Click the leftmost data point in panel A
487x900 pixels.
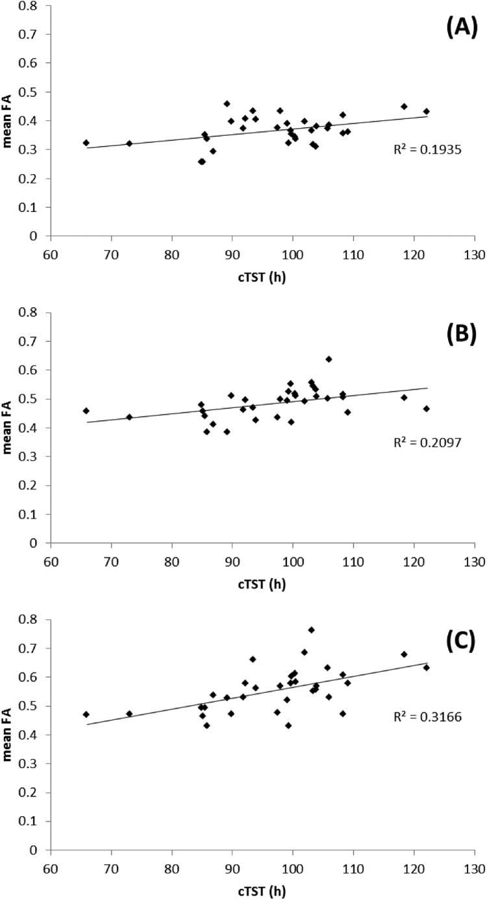tap(86, 142)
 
